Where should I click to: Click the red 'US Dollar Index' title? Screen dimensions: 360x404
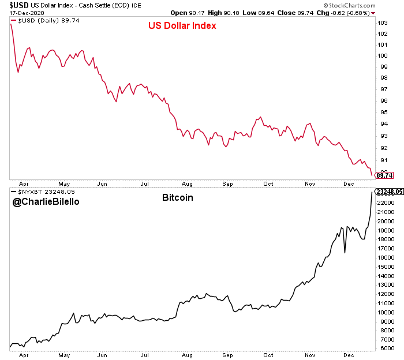183,27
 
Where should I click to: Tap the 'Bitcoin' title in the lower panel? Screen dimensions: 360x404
177,198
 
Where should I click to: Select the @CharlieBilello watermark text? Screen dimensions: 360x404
47,202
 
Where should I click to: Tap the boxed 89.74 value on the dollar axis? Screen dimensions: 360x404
384,175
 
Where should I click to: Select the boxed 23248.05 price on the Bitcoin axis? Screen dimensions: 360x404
388,192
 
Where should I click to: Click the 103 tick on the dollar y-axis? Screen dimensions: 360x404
381,22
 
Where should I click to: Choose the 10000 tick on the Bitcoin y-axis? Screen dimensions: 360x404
385,313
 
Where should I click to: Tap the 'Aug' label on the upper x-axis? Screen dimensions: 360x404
186,183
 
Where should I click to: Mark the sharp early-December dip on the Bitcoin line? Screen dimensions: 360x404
345,252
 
